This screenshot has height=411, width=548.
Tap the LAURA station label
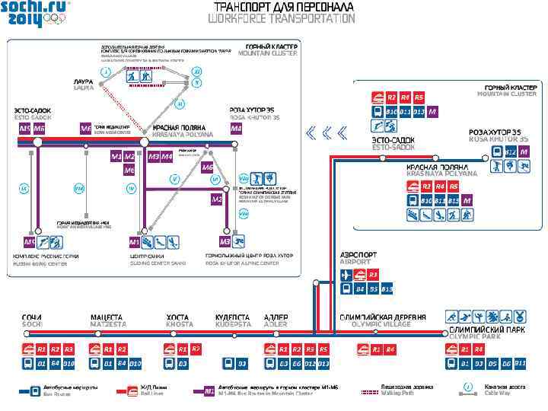(x=83, y=84)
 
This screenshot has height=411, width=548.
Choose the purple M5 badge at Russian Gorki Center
(x=30, y=242)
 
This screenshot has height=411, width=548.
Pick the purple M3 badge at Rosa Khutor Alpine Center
(x=225, y=242)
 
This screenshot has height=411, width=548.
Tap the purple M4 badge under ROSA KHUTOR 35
(x=235, y=129)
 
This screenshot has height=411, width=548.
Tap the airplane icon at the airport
(x=346, y=274)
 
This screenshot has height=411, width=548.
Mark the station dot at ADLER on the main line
(x=276, y=332)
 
